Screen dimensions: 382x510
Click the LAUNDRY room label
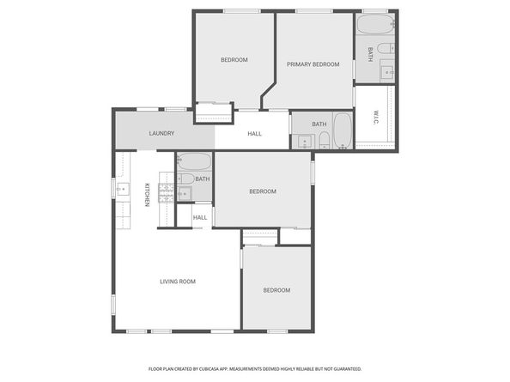point(161,134)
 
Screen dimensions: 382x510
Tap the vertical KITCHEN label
point(147,195)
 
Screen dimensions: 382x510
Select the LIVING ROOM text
point(178,282)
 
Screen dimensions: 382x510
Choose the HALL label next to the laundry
point(255,134)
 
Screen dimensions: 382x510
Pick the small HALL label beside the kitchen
point(200,217)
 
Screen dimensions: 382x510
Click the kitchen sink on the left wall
point(121,190)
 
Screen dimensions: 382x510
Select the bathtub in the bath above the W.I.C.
point(374,23)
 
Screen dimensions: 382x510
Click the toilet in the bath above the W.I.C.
point(389,48)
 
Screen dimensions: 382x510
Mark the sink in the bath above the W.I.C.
point(386,71)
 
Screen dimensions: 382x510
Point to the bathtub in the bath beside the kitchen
point(194,161)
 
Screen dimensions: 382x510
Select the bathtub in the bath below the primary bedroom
point(342,131)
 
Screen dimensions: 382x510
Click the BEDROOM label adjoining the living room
point(276,290)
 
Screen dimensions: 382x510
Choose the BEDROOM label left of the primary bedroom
point(234,59)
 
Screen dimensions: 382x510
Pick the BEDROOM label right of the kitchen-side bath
point(262,191)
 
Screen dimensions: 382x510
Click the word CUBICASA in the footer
point(224,368)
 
